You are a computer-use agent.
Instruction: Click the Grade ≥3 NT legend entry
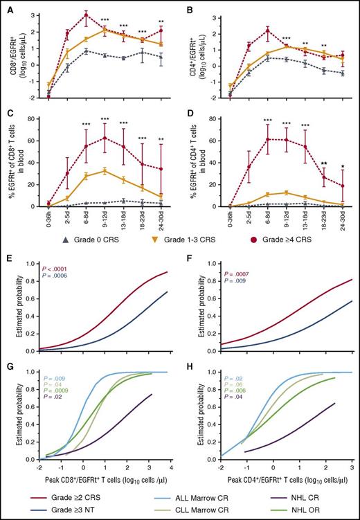pyautogui.click(x=64, y=509)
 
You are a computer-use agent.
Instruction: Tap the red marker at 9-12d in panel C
pyautogui.click(x=105, y=138)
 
